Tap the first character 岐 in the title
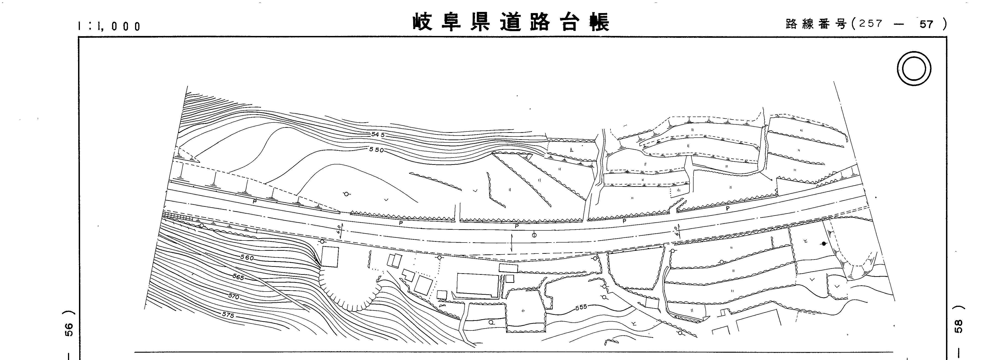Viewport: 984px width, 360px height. [x=423, y=22]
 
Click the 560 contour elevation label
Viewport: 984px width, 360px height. [x=247, y=258]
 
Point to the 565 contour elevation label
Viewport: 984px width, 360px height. [x=238, y=277]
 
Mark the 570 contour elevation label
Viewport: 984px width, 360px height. [x=233, y=296]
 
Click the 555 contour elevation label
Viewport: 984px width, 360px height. [x=581, y=307]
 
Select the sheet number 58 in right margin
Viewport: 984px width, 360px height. [x=958, y=326]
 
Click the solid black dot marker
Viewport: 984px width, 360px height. [x=824, y=243]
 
